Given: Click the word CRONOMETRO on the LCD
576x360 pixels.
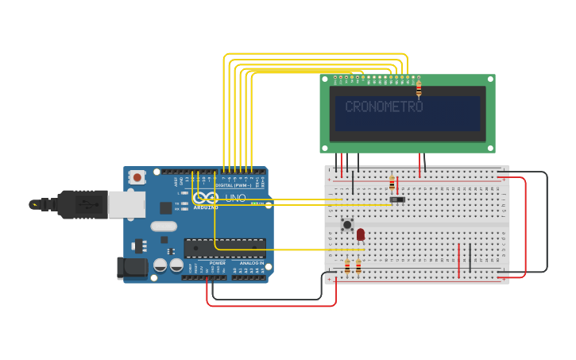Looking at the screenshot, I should click(384, 106).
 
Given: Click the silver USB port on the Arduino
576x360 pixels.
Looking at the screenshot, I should click(126, 204).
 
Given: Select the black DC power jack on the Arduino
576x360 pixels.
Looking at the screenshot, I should click(132, 268).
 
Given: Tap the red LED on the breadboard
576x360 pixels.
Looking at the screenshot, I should click(361, 234).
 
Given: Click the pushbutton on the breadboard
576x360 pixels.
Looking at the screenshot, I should click(347, 225).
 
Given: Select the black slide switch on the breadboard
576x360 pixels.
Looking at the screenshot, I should click(397, 199).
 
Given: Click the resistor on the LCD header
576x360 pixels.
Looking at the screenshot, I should click(419, 88).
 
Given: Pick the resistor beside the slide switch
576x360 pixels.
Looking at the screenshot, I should click(392, 183).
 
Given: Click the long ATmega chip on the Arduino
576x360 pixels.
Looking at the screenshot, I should click(225, 248).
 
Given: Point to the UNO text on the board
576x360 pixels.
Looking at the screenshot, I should click(236, 198).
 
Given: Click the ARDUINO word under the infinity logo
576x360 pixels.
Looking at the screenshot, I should click(205, 207).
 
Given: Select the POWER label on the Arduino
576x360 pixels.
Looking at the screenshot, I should click(217, 262).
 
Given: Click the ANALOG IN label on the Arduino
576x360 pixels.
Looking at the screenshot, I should click(251, 262).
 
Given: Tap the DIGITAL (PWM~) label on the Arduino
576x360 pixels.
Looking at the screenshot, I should click(234, 185).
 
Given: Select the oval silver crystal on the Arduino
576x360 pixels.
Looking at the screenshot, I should click(164, 226).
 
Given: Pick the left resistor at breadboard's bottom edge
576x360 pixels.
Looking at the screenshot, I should click(347, 267).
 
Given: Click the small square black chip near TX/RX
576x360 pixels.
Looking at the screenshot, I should click(165, 208).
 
